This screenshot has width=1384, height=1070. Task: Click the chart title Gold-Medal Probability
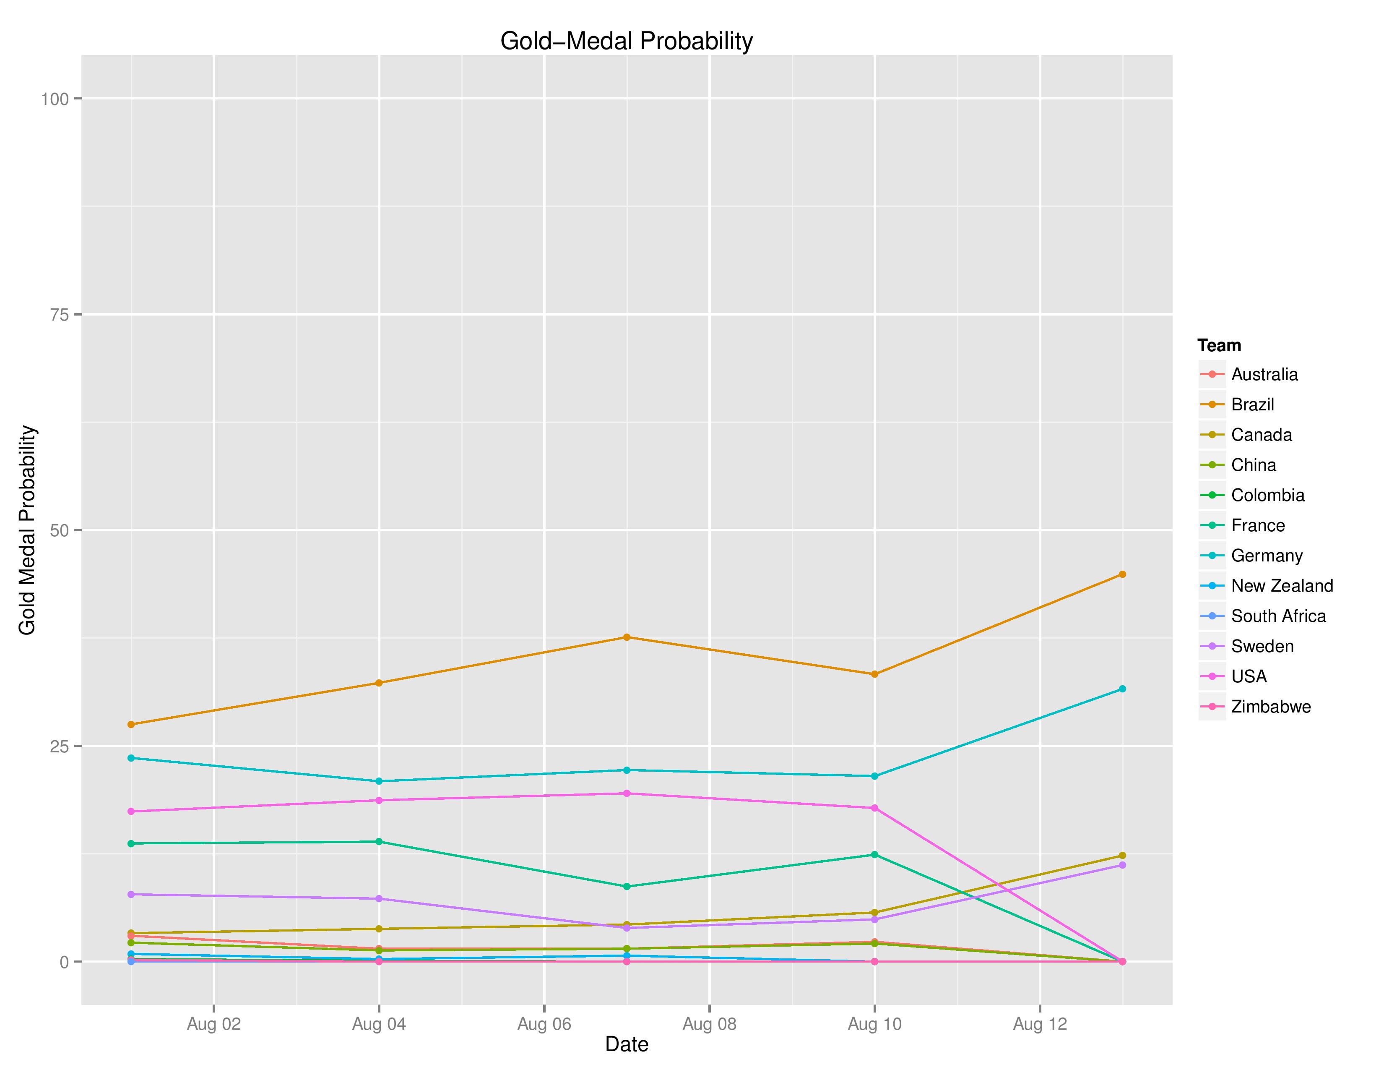point(626,41)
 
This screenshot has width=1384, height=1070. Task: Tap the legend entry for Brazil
point(1252,405)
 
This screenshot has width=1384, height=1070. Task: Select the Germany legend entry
point(1266,556)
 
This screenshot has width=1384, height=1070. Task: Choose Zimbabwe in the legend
point(1271,707)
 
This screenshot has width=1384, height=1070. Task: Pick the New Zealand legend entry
point(1281,586)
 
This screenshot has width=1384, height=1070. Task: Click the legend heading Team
point(1219,345)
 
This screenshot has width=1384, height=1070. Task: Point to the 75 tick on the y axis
point(59,314)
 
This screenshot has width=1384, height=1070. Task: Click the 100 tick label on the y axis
point(55,99)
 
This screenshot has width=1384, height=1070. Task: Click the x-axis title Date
point(626,1044)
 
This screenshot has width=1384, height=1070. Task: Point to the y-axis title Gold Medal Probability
point(27,530)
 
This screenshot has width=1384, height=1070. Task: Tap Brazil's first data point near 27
point(131,725)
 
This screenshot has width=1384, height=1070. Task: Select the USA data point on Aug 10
point(874,808)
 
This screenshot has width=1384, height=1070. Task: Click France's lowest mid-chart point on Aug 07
point(627,887)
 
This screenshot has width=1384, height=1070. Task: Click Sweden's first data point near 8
point(131,895)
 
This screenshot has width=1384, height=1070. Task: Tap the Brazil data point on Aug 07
point(627,637)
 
